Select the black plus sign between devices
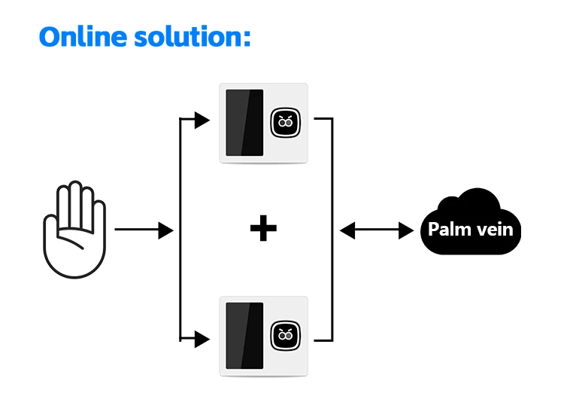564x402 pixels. [x=263, y=229]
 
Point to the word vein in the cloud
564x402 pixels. [x=494, y=229]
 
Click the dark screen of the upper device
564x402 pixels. [x=244, y=122]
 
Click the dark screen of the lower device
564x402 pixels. [x=244, y=336]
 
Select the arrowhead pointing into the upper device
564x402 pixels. [x=202, y=120]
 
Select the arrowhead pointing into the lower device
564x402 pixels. [x=202, y=340]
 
